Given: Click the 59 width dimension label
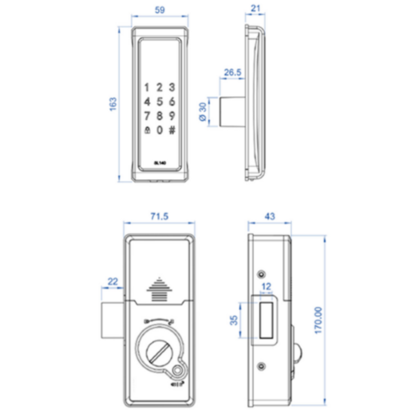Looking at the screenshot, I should click(x=160, y=10).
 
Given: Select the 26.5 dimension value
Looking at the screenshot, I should click(x=233, y=73).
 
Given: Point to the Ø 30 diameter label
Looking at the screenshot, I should click(x=202, y=112).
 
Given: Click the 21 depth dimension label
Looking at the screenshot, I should click(x=255, y=8).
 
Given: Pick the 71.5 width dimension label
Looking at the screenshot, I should click(x=159, y=216).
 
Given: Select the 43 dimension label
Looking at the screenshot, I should click(x=270, y=216).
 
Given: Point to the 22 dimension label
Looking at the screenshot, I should click(x=113, y=282).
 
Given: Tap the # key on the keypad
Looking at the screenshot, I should click(x=172, y=130).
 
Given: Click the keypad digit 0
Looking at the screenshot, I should click(x=160, y=130).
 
